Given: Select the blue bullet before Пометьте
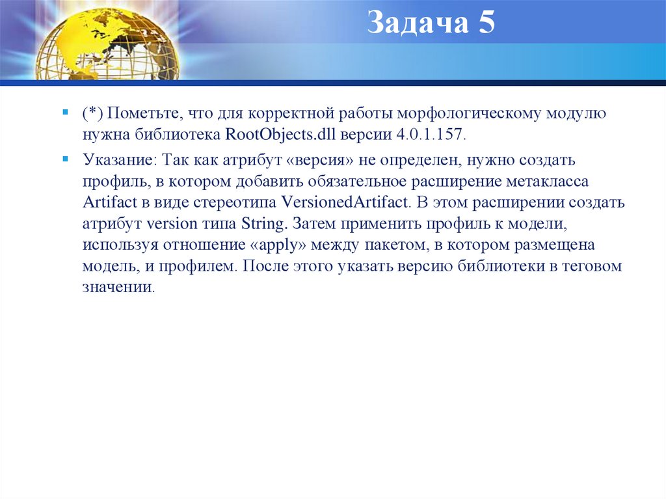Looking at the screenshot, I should (66, 113).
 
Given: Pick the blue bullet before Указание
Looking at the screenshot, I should (66, 157).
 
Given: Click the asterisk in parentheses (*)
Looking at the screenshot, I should (92, 114).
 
